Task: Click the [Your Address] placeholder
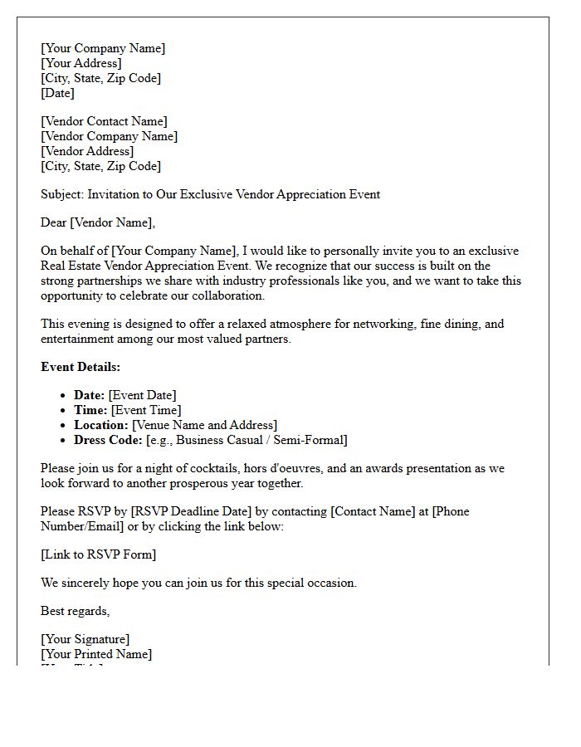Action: [x=81, y=63]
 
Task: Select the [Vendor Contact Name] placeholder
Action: [x=104, y=121]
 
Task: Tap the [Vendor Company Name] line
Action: [x=109, y=136]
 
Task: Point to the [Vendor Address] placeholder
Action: [x=86, y=151]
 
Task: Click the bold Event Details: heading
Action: [x=81, y=367]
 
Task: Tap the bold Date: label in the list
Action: [x=89, y=395]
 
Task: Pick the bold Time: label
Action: [x=90, y=410]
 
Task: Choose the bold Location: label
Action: [x=101, y=425]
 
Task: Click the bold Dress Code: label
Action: [x=108, y=440]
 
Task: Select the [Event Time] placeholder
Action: [x=146, y=410]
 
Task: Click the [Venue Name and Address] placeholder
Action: [x=205, y=425]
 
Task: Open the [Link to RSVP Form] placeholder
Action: [x=98, y=554]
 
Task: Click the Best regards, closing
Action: [x=75, y=611]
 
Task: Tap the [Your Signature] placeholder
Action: [x=85, y=639]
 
